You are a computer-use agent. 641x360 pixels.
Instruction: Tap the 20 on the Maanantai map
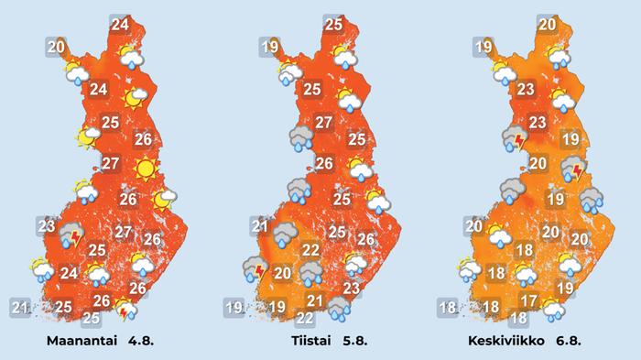pos(56,46)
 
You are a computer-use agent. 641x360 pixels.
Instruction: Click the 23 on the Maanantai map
pos(47,225)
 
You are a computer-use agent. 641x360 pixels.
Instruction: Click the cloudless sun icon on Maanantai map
pos(143,169)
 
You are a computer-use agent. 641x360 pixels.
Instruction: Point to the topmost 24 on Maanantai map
pos(120,26)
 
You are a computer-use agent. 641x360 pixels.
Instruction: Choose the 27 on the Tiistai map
pos(324,123)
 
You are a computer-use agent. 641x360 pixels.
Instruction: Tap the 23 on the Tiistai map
pos(350,289)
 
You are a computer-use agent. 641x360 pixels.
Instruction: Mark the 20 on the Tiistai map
pos(282,273)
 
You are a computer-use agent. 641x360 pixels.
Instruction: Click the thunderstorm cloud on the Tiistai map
pos(255,268)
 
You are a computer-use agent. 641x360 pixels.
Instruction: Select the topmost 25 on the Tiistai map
pos(333,26)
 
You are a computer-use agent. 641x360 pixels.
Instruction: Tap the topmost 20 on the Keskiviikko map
pos(548,26)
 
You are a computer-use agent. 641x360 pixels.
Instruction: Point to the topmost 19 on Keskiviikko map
pos(483,48)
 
